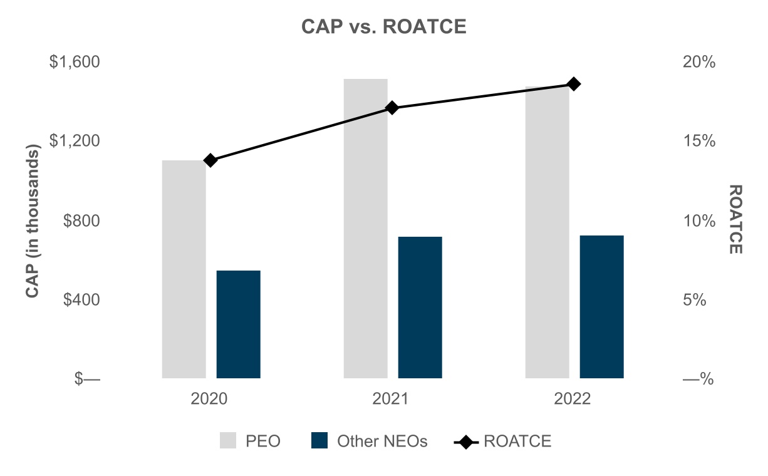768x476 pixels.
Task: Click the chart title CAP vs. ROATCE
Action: tap(383, 26)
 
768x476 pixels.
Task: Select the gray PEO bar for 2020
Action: tap(184, 269)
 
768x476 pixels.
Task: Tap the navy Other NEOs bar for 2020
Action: tap(238, 324)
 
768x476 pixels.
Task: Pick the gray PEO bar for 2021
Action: tap(365, 229)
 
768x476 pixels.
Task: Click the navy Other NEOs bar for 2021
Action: tap(420, 308)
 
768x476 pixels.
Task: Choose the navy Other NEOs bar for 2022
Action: tap(602, 307)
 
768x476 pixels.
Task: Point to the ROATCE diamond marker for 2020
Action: tap(210, 160)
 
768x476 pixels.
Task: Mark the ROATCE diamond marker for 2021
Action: tap(392, 108)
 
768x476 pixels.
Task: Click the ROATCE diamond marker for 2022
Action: tap(574, 84)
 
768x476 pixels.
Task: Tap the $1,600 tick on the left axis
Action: tap(75, 61)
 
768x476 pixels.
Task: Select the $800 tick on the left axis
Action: tap(81, 220)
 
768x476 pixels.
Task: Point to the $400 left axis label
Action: tap(81, 299)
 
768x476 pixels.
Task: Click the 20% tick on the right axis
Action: tap(699, 62)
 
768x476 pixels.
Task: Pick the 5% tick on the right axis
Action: tap(694, 300)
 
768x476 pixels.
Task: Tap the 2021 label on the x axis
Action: tap(390, 398)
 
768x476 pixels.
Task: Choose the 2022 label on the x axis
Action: tap(572, 398)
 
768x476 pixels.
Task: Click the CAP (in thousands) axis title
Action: tap(33, 221)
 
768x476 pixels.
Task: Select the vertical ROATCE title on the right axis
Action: tap(735, 219)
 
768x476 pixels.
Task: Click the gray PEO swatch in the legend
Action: tap(228, 440)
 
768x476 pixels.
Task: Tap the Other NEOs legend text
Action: tap(382, 441)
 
